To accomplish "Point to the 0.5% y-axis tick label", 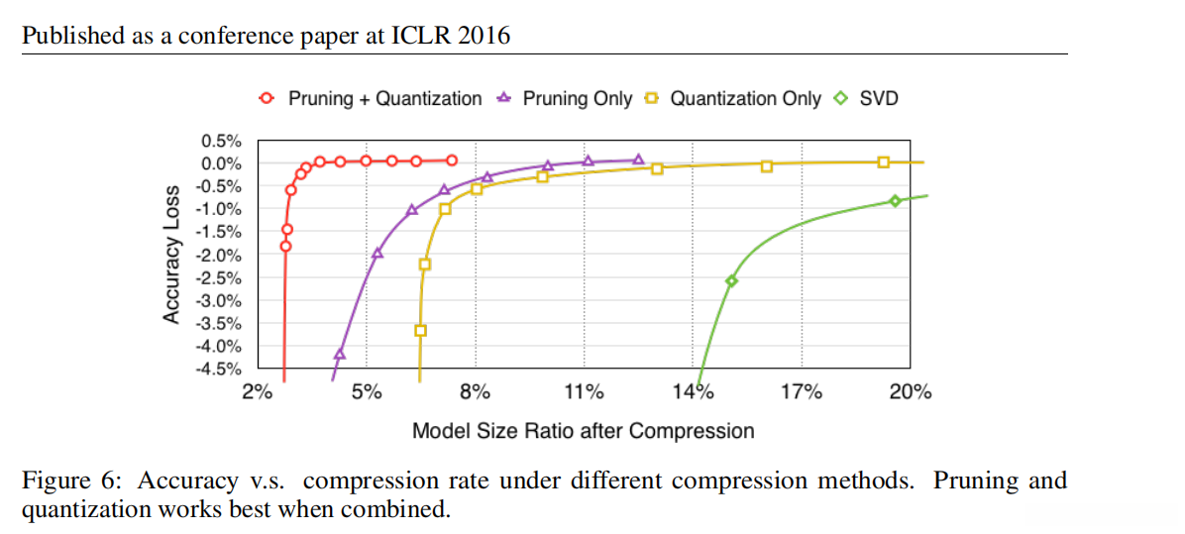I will coord(221,141).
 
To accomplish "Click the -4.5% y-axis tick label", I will coord(219,370).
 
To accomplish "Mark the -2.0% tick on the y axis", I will coord(219,255).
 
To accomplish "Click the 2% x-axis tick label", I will coord(258,392).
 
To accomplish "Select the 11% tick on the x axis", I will coord(584,392).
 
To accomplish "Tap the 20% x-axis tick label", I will coord(911,392).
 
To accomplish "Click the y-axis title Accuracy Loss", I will coord(171,254).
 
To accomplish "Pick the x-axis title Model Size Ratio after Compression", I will coord(583,431).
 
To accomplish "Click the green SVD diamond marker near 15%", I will coord(731,281).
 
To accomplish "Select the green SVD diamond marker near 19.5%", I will coord(895,200).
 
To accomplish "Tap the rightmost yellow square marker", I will coord(884,162).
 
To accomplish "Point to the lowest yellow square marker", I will coord(420,331).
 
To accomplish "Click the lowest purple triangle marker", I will coord(340,353).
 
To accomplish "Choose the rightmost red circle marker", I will coord(452,160).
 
